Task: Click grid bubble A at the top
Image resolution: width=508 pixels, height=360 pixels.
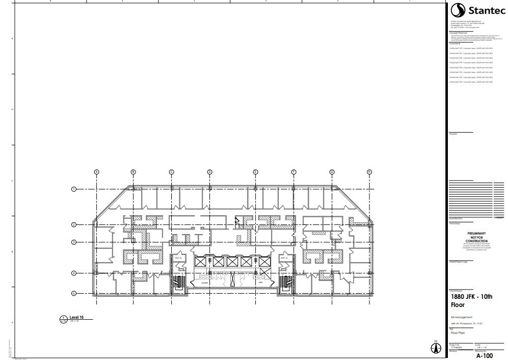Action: (x=96, y=172)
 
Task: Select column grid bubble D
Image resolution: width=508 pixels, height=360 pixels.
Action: (x=209, y=172)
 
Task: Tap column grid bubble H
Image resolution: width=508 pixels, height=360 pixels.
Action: (x=369, y=172)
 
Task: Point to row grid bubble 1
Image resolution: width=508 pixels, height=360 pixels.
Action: (x=73, y=189)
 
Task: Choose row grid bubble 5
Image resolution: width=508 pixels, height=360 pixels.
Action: (x=73, y=293)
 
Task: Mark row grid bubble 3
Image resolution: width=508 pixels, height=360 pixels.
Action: (x=73, y=242)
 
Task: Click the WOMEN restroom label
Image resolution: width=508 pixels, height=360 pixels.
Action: (x=205, y=282)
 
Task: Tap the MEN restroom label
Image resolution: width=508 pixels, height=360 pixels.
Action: (x=260, y=282)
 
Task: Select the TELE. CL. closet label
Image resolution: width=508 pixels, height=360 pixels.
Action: (x=178, y=259)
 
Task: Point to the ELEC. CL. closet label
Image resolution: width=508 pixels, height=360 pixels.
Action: (x=284, y=259)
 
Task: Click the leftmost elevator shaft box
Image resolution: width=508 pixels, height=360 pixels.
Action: (x=200, y=262)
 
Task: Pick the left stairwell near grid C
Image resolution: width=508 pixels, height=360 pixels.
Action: (x=178, y=282)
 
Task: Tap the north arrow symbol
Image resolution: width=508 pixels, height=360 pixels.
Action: (x=436, y=347)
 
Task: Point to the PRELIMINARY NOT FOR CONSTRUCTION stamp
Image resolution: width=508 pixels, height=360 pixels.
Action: (x=477, y=238)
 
